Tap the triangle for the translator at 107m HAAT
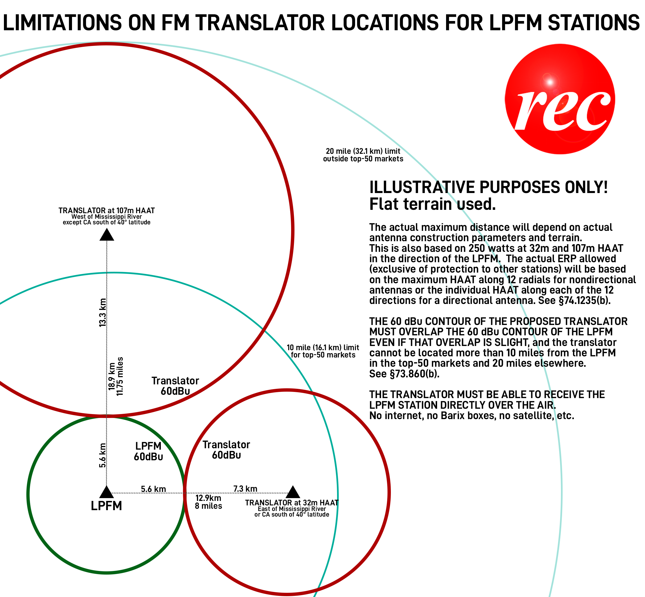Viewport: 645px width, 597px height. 107,235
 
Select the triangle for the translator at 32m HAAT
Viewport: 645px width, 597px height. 293,492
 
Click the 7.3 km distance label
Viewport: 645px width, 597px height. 245,489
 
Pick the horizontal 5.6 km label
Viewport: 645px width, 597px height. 154,489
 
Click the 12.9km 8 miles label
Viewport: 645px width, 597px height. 208,502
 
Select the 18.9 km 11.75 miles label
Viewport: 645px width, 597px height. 116,376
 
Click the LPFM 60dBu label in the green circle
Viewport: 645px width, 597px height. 148,451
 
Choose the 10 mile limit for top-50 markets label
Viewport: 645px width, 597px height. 323,351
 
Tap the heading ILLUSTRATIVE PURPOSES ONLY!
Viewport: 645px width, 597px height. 488,187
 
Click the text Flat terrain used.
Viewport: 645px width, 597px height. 432,204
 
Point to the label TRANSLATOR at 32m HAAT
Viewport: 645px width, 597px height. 291,503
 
